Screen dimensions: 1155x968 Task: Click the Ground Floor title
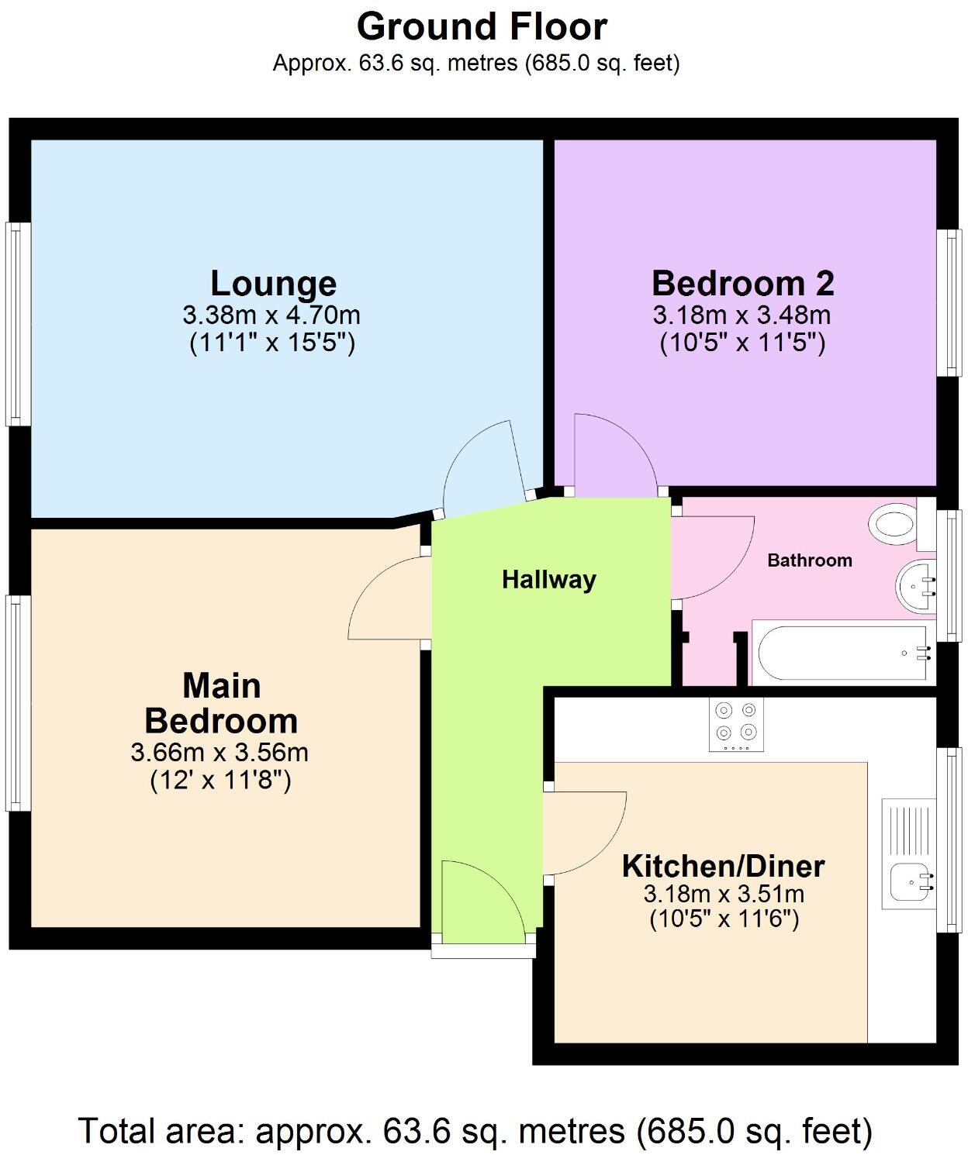pos(482,27)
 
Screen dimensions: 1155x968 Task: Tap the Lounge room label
pos(273,284)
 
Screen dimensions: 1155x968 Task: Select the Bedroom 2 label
pos(742,284)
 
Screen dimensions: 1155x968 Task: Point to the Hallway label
pos(548,580)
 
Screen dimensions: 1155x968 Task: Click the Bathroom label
pos(809,560)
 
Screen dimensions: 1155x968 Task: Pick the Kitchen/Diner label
pos(723,866)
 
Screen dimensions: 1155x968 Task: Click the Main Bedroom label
pos(221,704)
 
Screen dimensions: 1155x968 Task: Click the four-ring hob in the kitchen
pos(736,724)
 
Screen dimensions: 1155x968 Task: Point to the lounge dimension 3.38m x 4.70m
pos(271,315)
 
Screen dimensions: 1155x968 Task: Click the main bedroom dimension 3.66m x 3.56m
pos(220,752)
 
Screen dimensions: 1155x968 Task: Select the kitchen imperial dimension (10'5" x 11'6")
pos(724,919)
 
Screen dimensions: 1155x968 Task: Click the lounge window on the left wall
pos(18,323)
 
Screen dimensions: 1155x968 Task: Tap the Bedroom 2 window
pos(948,303)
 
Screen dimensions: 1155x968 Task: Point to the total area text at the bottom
pos(475,1131)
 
